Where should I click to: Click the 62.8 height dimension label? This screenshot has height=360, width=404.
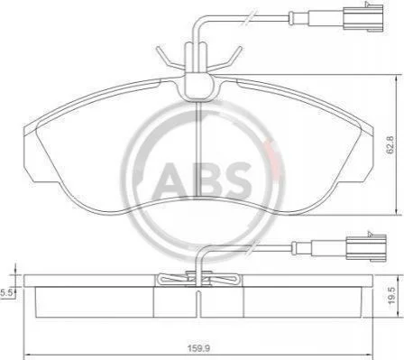(x=390, y=144)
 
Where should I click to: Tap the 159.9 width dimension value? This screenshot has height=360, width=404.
(x=198, y=348)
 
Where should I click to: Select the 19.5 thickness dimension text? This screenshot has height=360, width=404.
(x=391, y=295)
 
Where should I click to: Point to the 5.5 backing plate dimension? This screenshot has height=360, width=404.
(x=7, y=292)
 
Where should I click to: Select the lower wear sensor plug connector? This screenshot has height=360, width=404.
(x=366, y=247)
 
